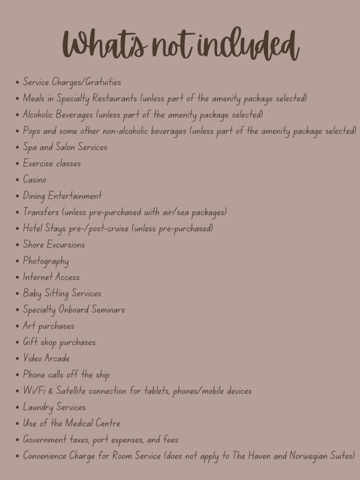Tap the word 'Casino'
[34, 180]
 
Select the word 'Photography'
[46, 261]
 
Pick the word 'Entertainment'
[75, 196]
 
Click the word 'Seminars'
[108, 310]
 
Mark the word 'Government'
[45, 440]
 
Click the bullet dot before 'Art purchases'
[17, 326]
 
